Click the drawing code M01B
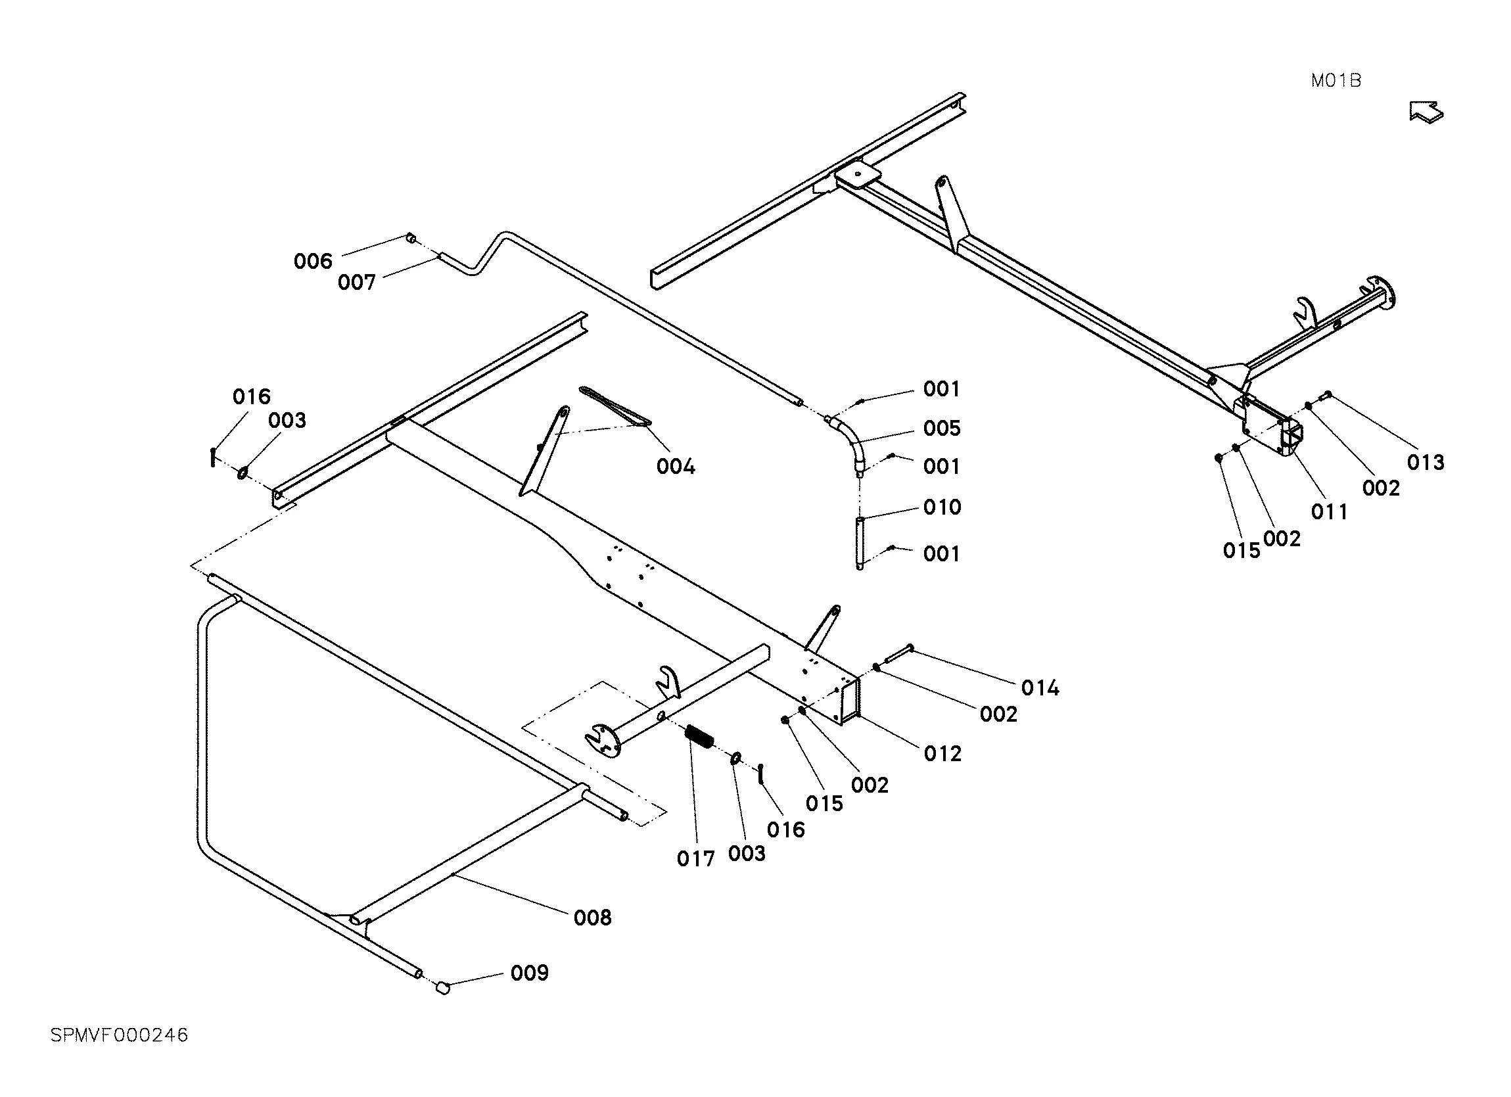tap(1335, 82)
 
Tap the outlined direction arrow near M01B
tap(1426, 112)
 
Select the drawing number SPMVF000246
tap(119, 1035)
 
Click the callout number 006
tap(312, 261)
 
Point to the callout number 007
tap(356, 283)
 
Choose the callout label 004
tap(675, 467)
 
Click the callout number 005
tap(941, 428)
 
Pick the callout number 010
tap(941, 507)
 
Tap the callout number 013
tap(1425, 463)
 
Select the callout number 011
tap(1328, 512)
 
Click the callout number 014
tap(1039, 688)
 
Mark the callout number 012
tap(942, 754)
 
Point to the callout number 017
tap(695, 859)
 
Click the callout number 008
tap(592, 918)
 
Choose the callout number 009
tap(529, 973)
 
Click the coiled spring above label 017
tap(699, 736)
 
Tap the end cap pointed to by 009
tap(443, 988)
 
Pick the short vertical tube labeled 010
tap(860, 542)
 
